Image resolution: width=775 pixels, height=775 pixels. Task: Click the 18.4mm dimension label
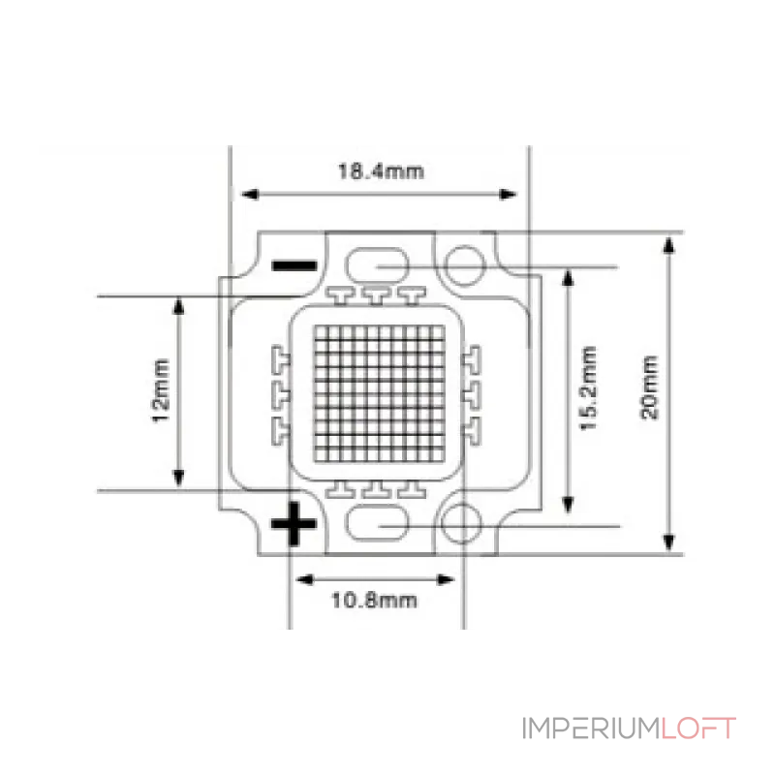pos(381,171)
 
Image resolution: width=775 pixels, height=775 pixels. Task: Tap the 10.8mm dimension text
pos(374,601)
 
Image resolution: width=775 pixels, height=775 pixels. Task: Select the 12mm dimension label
pos(160,390)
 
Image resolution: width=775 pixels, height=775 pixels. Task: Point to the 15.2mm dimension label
pos(588,388)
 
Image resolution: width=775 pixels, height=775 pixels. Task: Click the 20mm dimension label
pos(649,387)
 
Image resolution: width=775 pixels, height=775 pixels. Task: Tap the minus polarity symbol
pos(294,265)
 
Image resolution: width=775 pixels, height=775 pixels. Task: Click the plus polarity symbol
pos(294,524)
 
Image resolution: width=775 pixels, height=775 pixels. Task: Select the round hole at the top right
pos(464,265)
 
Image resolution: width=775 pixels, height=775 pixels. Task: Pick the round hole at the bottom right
pos(461,523)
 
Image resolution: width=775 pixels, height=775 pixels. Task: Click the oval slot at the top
pos(377,265)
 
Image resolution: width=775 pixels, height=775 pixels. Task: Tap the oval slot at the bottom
pos(377,523)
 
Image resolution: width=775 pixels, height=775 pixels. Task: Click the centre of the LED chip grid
pos(379,394)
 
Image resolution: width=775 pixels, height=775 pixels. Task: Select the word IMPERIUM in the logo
pos(591,728)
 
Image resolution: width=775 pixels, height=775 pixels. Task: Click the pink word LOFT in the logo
pos(698,728)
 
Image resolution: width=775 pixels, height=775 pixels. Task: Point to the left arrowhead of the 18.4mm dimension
pos(249,195)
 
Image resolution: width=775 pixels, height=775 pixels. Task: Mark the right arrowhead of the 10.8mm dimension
pos(446,579)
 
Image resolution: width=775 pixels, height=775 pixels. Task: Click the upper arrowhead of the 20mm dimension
pos(668,246)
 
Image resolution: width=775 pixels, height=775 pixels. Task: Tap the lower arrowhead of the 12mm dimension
pos(178,478)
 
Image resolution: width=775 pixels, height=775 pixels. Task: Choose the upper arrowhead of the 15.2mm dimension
pos(569,278)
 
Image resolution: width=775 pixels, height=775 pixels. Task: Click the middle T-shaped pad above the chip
pos(377,295)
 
